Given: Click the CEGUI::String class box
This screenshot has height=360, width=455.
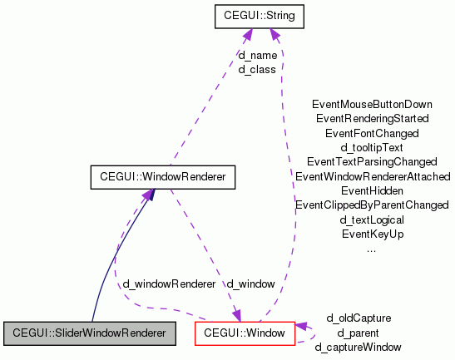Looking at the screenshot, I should tap(258, 15).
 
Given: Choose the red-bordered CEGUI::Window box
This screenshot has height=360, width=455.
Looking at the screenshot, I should tap(245, 333).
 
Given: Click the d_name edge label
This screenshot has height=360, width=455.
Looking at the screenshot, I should tap(257, 56).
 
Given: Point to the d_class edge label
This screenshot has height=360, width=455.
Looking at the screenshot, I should tap(257, 69).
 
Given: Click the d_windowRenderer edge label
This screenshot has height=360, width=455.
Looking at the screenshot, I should tap(169, 284).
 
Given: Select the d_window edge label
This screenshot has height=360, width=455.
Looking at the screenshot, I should tap(250, 284).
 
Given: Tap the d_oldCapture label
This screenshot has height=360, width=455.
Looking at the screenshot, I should tap(359, 318).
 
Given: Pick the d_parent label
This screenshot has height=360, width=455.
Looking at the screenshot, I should tap(359, 333).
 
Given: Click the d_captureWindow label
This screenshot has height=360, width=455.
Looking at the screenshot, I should tap(359, 347).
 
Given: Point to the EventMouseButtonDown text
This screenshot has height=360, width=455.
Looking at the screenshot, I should tap(372, 105).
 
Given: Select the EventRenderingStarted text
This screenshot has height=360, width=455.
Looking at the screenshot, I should tap(372, 119).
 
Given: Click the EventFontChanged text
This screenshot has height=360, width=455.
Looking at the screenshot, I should tap(372, 133).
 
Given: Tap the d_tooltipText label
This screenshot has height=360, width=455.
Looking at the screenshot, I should tap(372, 147).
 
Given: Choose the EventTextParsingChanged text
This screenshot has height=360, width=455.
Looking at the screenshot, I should tap(372, 161).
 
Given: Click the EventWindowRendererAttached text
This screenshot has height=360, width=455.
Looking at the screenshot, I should tap(372, 176).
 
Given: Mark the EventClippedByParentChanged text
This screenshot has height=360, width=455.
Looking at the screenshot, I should tap(372, 205).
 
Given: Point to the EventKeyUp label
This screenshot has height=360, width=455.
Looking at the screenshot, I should tap(372, 234).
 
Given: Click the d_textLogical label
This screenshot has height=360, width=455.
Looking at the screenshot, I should tap(372, 219).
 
